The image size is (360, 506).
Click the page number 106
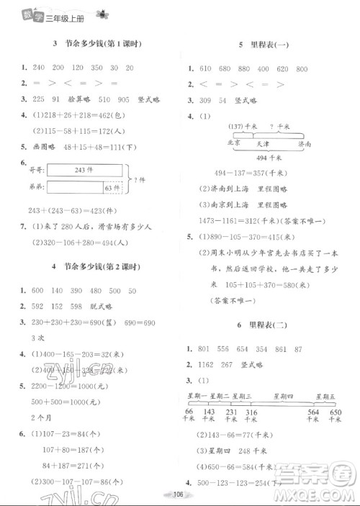tap(181, 494)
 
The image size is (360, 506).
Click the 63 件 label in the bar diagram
tap(112, 189)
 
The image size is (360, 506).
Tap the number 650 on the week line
tap(336, 412)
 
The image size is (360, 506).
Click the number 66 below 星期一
tap(189, 412)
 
